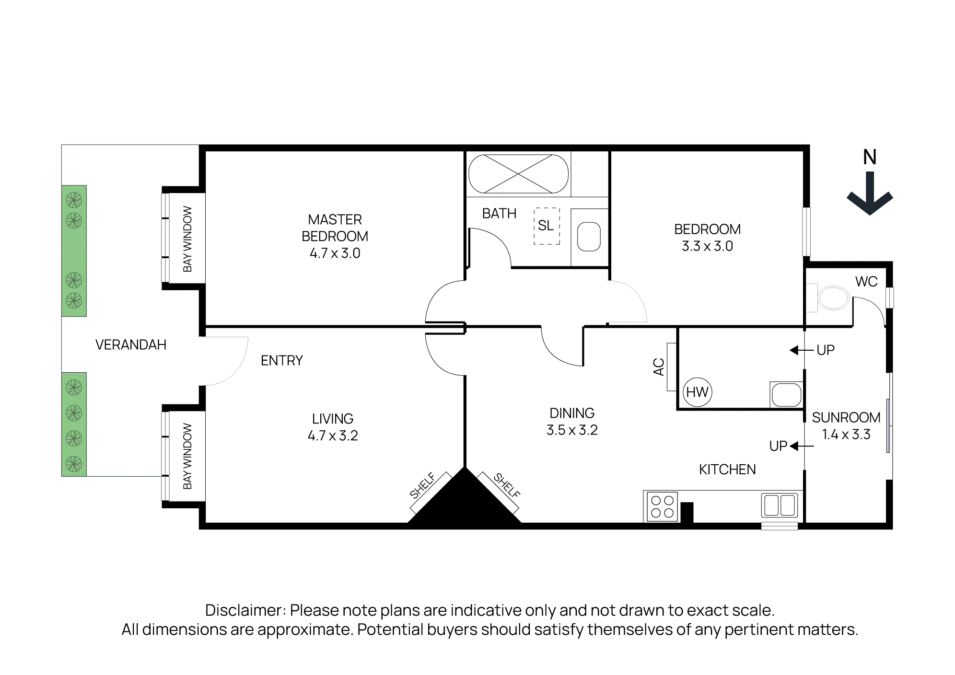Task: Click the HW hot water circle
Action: point(697,392)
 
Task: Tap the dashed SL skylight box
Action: point(547,226)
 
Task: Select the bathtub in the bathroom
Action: point(518,174)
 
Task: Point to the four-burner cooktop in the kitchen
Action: point(662,506)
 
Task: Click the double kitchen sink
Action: point(780,505)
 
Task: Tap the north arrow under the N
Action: point(870,194)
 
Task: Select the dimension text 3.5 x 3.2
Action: point(572,430)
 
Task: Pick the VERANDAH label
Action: point(131,344)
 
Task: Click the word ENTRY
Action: point(281,360)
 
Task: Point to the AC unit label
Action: point(659,366)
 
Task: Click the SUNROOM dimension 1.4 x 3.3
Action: point(846,435)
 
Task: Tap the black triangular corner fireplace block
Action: point(464,503)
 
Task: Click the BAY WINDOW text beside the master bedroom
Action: point(187,239)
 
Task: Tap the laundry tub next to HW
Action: point(786,395)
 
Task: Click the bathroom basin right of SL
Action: point(589,237)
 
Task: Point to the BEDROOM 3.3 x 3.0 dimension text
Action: point(707,246)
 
